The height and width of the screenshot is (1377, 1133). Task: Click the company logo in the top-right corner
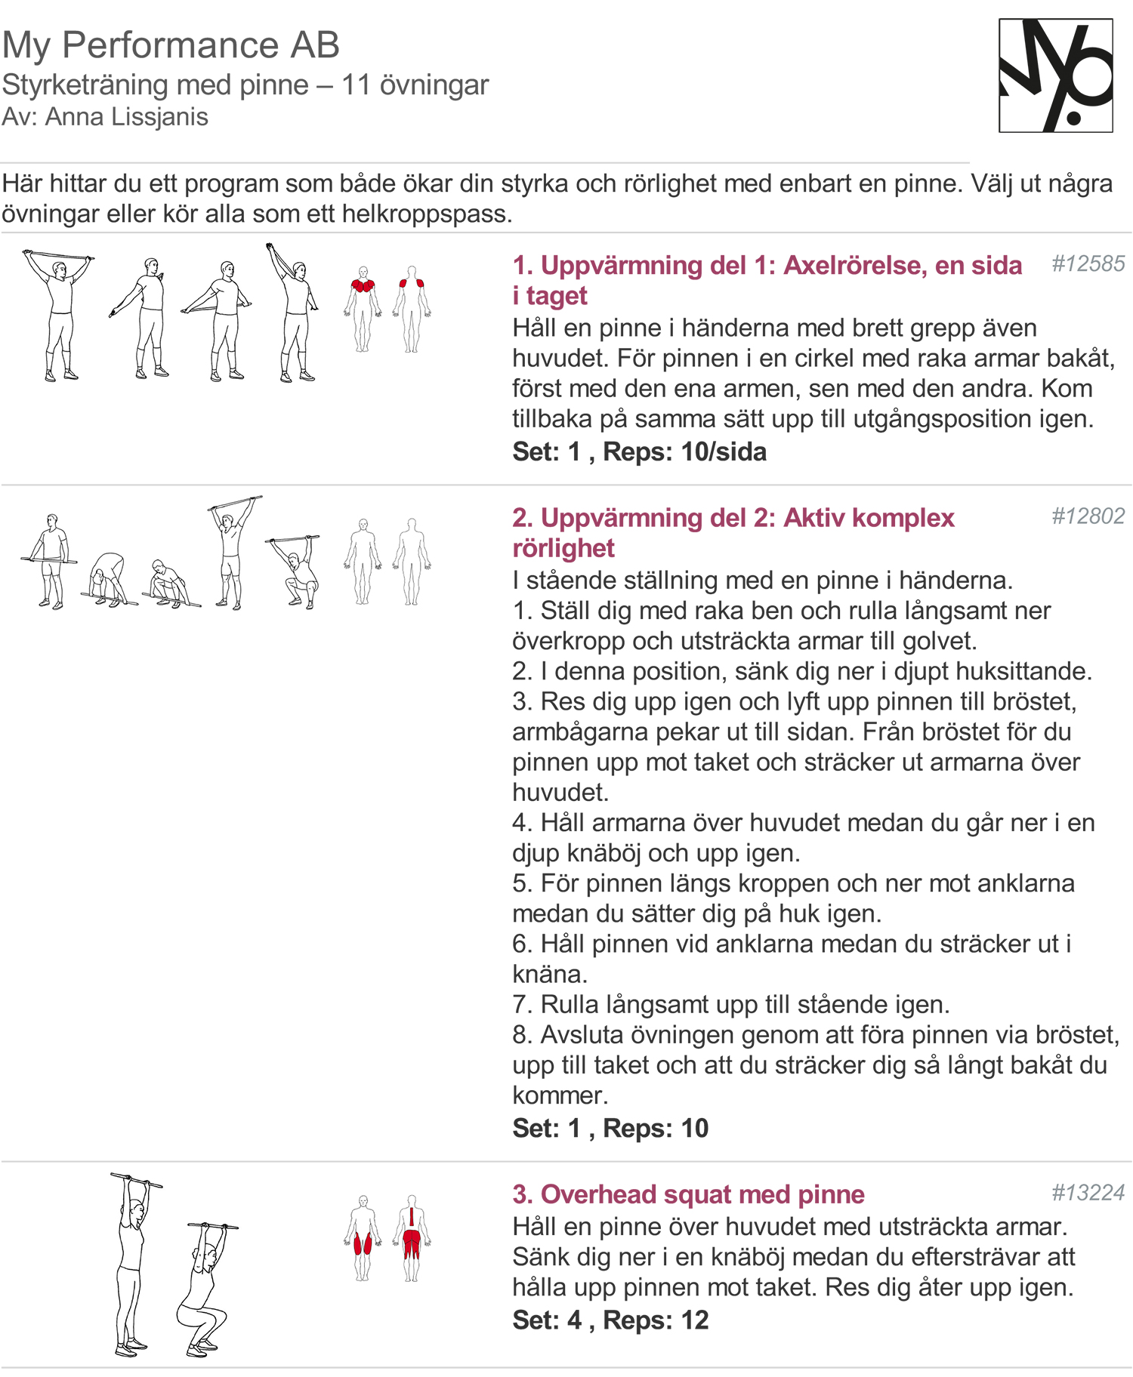[1055, 75]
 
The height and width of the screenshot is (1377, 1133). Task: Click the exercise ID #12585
[1088, 264]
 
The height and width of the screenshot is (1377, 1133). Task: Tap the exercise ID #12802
[1088, 516]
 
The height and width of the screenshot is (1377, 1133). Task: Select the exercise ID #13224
[1088, 1193]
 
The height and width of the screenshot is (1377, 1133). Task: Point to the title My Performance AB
[171, 45]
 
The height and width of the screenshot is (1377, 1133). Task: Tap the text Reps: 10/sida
[684, 451]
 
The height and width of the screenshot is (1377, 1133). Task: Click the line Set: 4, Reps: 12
[610, 1320]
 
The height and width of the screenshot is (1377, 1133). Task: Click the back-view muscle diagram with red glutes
[412, 1238]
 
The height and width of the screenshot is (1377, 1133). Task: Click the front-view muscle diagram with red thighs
[363, 1238]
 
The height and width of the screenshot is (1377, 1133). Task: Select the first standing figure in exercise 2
[50, 560]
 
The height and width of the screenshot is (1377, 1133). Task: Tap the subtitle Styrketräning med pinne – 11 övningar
[245, 85]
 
